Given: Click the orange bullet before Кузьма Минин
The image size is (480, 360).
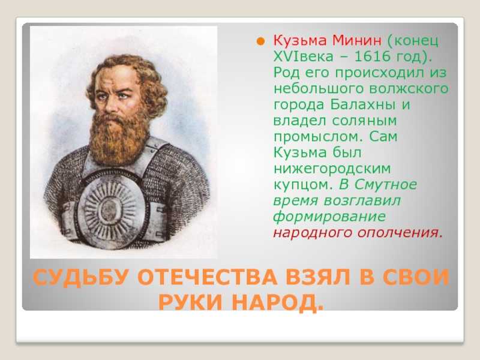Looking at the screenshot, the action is click(x=260, y=41).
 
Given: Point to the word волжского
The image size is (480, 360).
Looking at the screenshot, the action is click(x=409, y=88).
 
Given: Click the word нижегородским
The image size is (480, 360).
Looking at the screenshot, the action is click(x=332, y=169).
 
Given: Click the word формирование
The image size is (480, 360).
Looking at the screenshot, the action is click(x=329, y=217).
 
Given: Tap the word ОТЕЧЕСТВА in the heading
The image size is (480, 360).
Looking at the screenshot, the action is click(x=207, y=277).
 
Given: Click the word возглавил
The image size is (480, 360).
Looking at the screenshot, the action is click(x=362, y=200).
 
